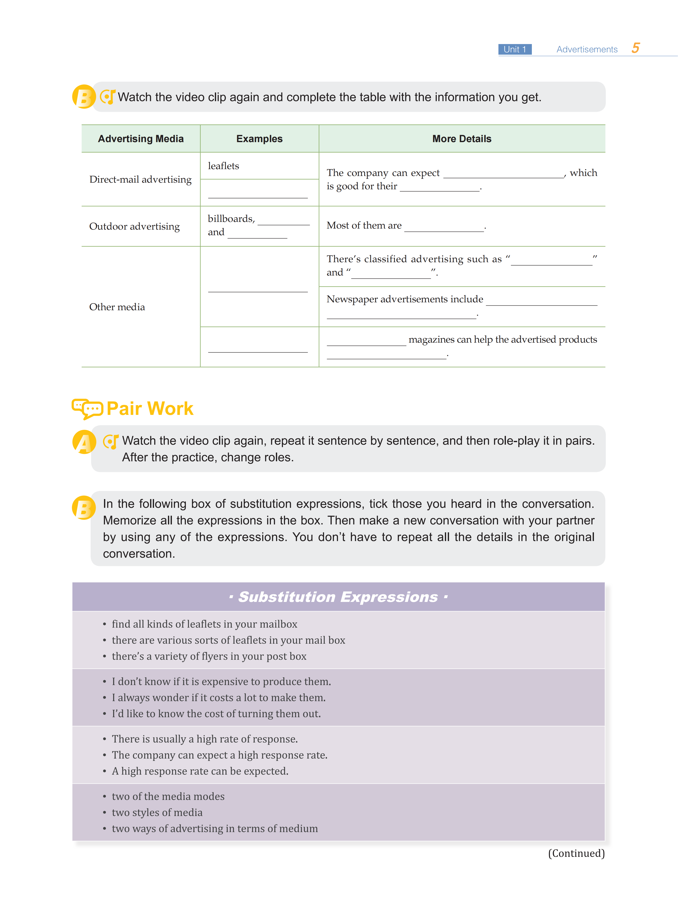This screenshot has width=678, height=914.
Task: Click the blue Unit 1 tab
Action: click(x=515, y=49)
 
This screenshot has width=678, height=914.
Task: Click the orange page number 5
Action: click(x=635, y=48)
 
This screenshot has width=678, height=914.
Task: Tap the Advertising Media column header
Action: click(x=141, y=139)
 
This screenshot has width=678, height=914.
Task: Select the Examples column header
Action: click(x=259, y=139)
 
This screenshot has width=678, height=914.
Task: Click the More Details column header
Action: click(x=462, y=139)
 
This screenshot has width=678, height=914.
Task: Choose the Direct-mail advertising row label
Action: click(x=140, y=180)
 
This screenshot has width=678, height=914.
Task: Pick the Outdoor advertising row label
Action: click(x=135, y=226)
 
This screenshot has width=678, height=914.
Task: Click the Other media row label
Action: click(x=117, y=307)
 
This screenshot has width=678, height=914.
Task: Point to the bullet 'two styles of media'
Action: click(x=157, y=813)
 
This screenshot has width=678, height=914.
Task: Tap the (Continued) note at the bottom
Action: click(x=576, y=853)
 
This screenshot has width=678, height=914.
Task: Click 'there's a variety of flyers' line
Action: click(x=209, y=656)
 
